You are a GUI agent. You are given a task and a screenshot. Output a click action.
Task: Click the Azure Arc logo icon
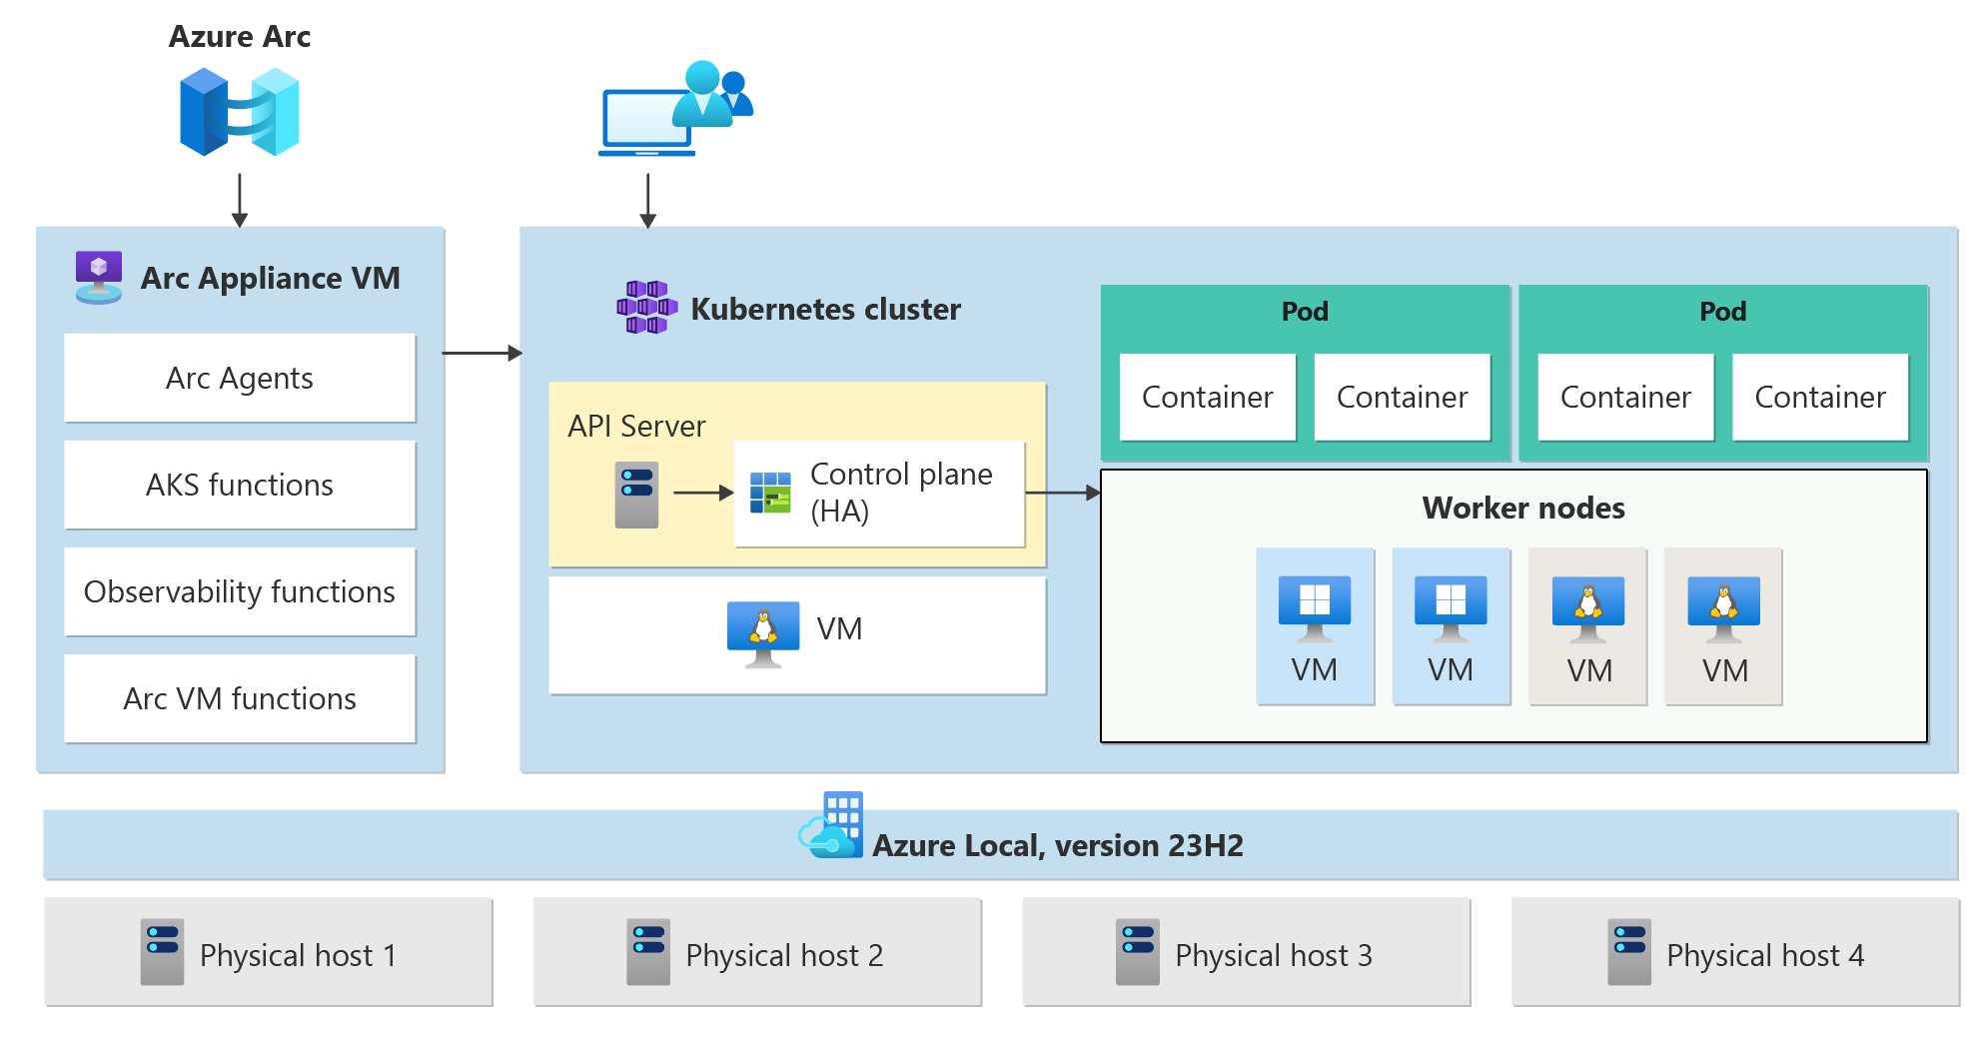point(240,112)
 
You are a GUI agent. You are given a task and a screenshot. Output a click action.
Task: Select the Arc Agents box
point(240,379)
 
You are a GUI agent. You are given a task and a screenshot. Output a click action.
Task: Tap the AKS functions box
point(240,486)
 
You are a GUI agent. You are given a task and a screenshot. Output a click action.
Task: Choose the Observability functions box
point(240,592)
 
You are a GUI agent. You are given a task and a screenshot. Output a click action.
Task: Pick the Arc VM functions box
point(240,699)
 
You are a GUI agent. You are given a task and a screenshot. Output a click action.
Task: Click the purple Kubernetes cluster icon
point(646,308)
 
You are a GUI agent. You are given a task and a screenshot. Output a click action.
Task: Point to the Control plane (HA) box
point(879,494)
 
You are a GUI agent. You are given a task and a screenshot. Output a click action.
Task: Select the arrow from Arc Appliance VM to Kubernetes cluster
point(482,353)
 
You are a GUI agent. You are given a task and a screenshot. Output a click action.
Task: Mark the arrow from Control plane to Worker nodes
point(1063,493)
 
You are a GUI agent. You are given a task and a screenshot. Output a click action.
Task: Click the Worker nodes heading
point(1523,509)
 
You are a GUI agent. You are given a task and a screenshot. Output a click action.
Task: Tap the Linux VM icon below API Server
point(763,633)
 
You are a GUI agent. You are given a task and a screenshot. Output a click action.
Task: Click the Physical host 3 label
point(1274,956)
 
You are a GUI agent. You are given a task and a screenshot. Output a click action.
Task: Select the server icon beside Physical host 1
point(162,952)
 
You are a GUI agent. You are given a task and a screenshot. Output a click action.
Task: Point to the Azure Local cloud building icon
point(831,826)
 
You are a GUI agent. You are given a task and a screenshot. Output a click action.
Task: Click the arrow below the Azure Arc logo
point(240,200)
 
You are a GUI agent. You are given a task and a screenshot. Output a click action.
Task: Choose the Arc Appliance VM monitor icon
point(99,277)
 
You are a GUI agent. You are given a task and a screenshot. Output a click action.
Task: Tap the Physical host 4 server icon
point(1629,952)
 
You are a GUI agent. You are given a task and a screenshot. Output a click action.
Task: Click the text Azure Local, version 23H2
point(1058,846)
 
